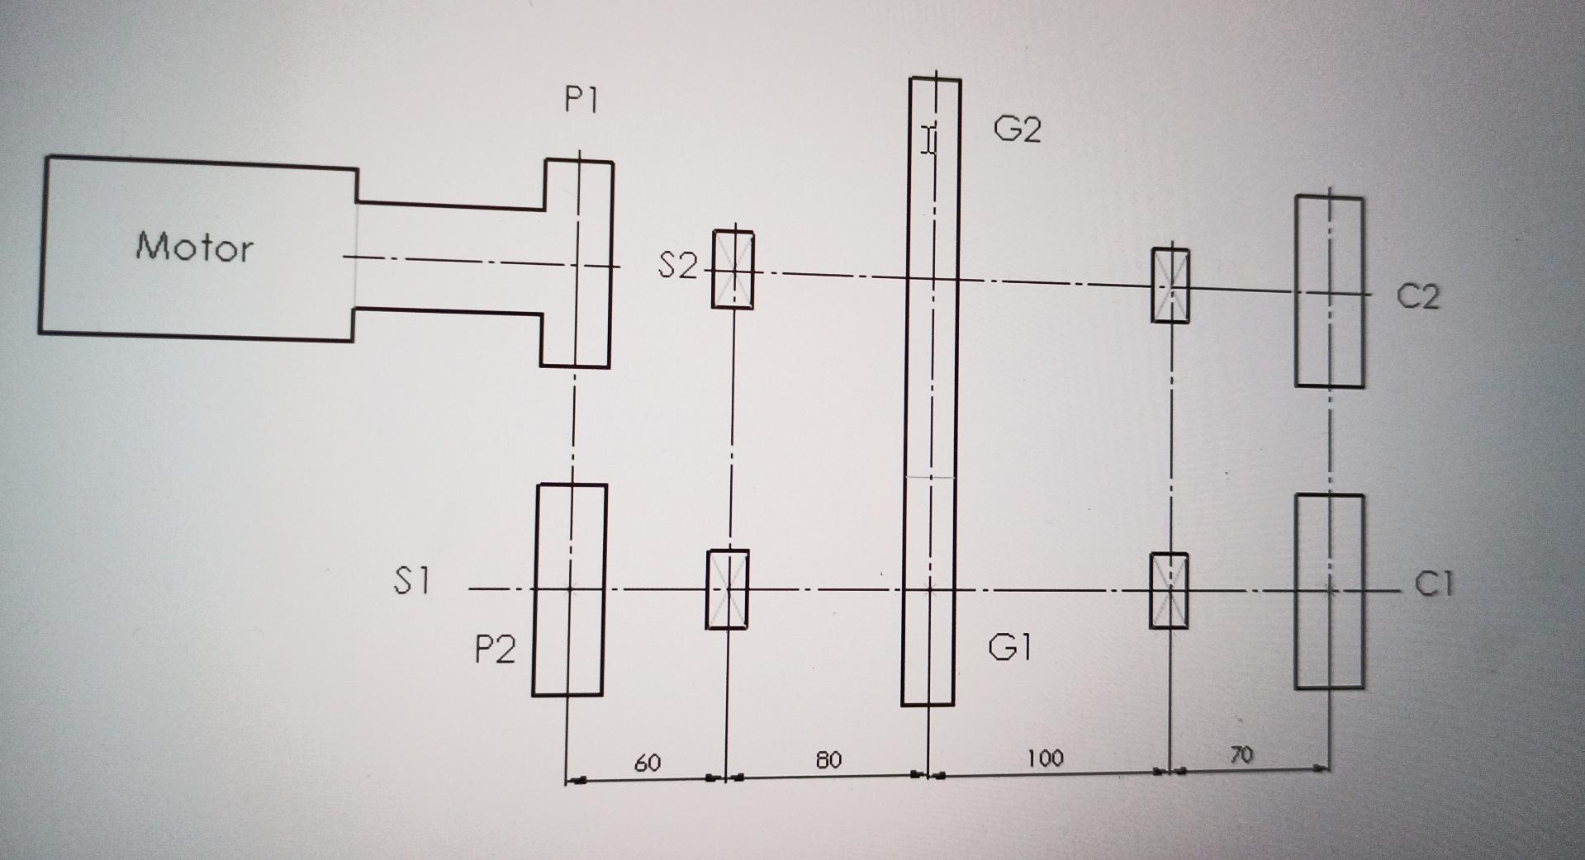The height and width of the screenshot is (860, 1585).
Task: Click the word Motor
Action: point(195,247)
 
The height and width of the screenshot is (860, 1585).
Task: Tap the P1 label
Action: point(581,101)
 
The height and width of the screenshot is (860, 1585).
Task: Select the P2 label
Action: point(495,650)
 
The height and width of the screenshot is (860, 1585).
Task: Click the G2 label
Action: point(1017,130)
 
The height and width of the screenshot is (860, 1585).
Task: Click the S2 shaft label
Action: point(677,266)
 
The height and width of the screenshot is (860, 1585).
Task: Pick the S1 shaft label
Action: point(411,581)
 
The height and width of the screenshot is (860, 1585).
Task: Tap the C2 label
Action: point(1417,296)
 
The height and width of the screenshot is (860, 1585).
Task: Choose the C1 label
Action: point(1433,584)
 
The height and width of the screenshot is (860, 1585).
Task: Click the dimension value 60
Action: point(648,763)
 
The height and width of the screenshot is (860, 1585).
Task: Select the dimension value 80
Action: point(828,760)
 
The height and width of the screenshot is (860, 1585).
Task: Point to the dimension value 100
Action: point(1045,758)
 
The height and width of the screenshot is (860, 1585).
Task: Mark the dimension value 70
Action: point(1241,754)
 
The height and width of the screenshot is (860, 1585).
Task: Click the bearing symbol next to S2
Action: point(733,270)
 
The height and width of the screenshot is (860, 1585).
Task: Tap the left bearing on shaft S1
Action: point(727,589)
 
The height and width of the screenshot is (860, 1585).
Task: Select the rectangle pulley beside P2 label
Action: point(569,589)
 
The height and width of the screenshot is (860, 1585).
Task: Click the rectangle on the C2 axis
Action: point(1329,292)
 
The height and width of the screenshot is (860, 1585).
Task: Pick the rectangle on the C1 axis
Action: point(1329,591)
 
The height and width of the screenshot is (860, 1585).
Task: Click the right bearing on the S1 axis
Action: point(1169,590)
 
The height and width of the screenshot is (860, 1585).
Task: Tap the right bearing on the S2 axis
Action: point(1170,285)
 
